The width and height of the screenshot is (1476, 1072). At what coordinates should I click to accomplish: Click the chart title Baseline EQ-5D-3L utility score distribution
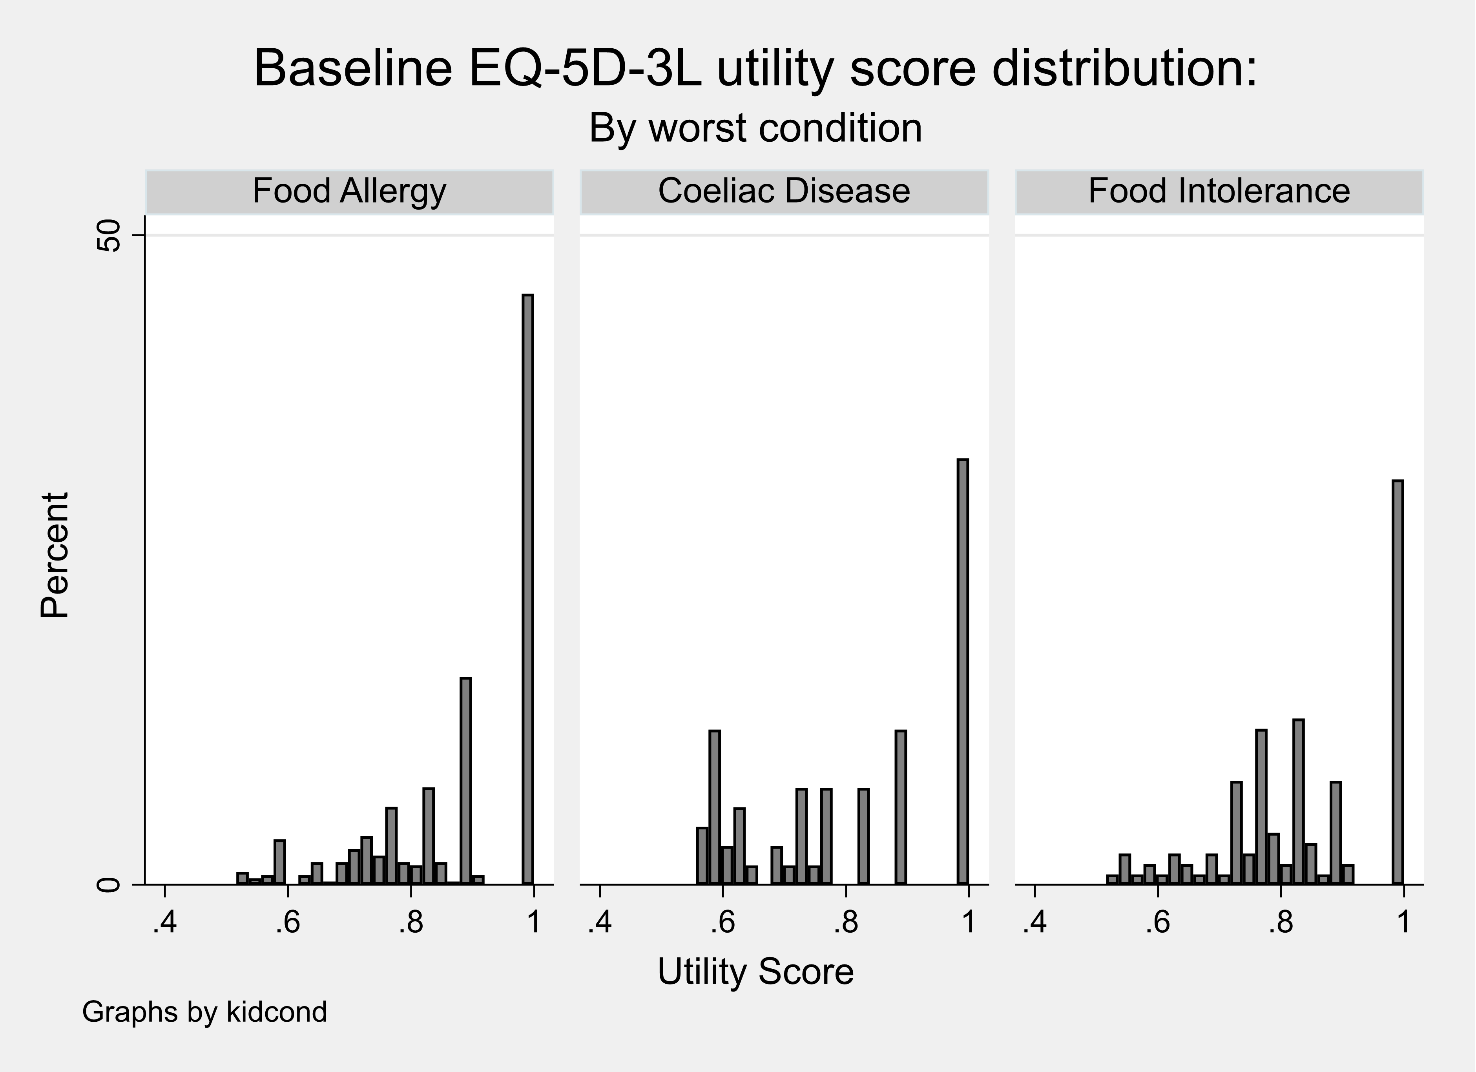pos(755,69)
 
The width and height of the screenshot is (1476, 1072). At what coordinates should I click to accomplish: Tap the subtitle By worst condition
pos(755,128)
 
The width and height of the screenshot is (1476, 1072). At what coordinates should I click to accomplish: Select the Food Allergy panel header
pos(350,192)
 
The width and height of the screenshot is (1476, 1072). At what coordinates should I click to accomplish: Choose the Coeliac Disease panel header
pos(784,192)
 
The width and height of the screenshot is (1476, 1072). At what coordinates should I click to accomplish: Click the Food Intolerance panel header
pos(1219,192)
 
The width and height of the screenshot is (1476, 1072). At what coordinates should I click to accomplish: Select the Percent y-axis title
pos(55,555)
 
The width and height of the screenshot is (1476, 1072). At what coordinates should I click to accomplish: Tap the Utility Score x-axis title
pos(755,972)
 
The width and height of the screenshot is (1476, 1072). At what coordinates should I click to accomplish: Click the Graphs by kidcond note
pos(204,1012)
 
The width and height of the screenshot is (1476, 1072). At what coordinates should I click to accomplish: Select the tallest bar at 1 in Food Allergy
pos(528,589)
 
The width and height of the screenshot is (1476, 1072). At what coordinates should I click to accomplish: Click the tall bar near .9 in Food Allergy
pos(465,781)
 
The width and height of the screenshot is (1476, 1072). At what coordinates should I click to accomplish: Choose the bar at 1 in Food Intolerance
pos(1397,682)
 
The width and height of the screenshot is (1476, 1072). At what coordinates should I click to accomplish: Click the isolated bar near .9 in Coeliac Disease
pos(901,807)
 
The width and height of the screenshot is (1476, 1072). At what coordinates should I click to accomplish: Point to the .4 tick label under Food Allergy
pos(165,922)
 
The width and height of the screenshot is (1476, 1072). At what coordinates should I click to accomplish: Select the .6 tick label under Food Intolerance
pos(1158,922)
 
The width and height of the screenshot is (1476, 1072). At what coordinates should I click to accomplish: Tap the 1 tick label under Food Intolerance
pos(1404,922)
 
